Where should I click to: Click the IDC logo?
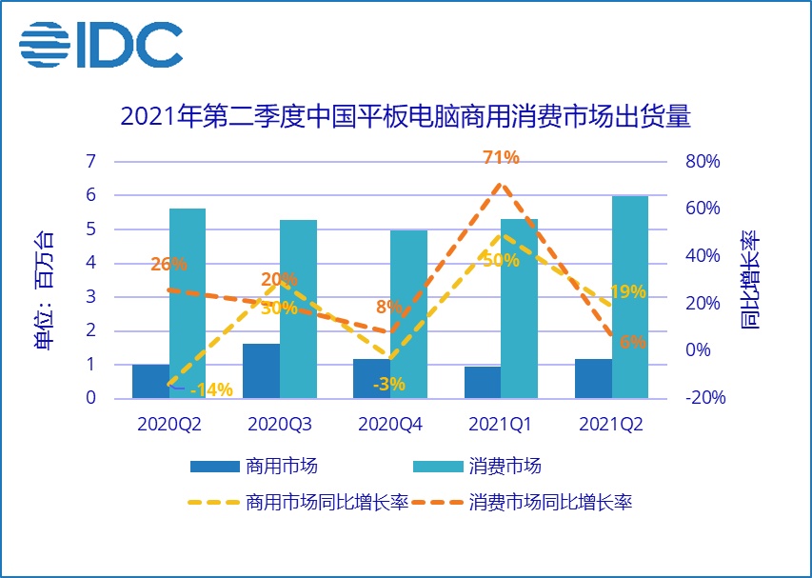tap(101, 43)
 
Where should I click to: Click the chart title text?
tap(405, 117)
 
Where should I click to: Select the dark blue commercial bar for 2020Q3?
tap(261, 370)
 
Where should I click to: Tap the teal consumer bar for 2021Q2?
tap(629, 296)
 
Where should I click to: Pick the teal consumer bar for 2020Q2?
tap(188, 303)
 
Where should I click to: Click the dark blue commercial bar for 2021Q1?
tap(482, 382)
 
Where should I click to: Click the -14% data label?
tap(211, 389)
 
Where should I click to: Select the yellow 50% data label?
tap(501, 260)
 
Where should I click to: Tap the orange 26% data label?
tap(168, 264)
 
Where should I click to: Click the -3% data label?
tap(390, 385)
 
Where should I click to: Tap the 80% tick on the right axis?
tap(703, 161)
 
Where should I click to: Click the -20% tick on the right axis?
tap(704, 398)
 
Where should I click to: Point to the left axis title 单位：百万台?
tap(45, 290)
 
